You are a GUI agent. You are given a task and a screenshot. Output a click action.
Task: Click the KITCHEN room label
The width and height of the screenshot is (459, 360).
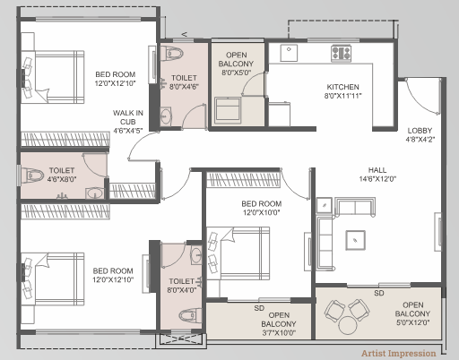coord(342,87)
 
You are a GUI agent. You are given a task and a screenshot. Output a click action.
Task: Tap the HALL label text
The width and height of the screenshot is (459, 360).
coord(377,170)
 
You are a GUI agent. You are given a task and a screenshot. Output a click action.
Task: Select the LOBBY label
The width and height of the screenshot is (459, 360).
coord(420,131)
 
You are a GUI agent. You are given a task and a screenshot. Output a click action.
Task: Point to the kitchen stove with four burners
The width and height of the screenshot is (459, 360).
coord(341,54)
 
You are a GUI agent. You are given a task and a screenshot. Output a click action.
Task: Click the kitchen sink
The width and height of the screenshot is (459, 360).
coord(289,53)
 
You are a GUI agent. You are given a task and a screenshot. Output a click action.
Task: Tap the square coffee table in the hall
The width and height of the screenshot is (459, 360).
coord(355,240)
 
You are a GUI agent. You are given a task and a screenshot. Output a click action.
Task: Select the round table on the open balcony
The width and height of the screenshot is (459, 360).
coord(348,325)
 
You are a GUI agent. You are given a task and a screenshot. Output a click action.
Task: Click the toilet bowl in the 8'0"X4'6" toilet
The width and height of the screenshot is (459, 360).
coord(171,54)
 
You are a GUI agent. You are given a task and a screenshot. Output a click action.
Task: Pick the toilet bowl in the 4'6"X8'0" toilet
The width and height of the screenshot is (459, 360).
coord(33,176)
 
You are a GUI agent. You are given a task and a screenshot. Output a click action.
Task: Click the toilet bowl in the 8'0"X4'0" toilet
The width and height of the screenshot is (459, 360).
coord(190,315)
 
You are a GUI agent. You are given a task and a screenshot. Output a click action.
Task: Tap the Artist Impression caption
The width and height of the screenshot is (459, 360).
coord(399,354)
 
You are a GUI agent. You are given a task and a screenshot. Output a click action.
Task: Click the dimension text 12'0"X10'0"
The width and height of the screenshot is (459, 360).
coord(262,212)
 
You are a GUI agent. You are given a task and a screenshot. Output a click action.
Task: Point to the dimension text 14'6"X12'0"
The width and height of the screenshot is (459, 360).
coord(377,179)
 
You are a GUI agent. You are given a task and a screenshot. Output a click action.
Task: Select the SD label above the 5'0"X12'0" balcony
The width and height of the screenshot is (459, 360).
coord(379,293)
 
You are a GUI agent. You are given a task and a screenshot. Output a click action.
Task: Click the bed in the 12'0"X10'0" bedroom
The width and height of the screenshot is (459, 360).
coord(245,253)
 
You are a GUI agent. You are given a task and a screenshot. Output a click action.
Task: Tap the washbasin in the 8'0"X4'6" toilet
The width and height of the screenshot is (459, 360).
coord(165,116)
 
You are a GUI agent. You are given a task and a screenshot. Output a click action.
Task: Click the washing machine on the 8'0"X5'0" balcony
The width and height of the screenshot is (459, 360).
coord(228,109)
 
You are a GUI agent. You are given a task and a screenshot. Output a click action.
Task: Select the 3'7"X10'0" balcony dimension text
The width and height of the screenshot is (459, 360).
coord(279,332)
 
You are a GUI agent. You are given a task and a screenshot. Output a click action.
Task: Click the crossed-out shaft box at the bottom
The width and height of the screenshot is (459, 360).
coord(181,339)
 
